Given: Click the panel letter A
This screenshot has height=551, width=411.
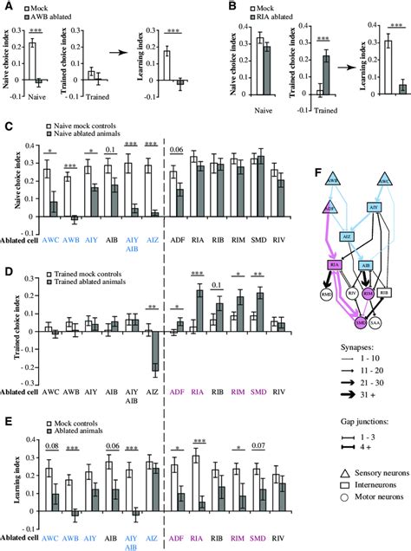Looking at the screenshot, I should (7, 6).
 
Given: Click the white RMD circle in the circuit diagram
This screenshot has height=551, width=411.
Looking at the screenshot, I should (301, 319).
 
